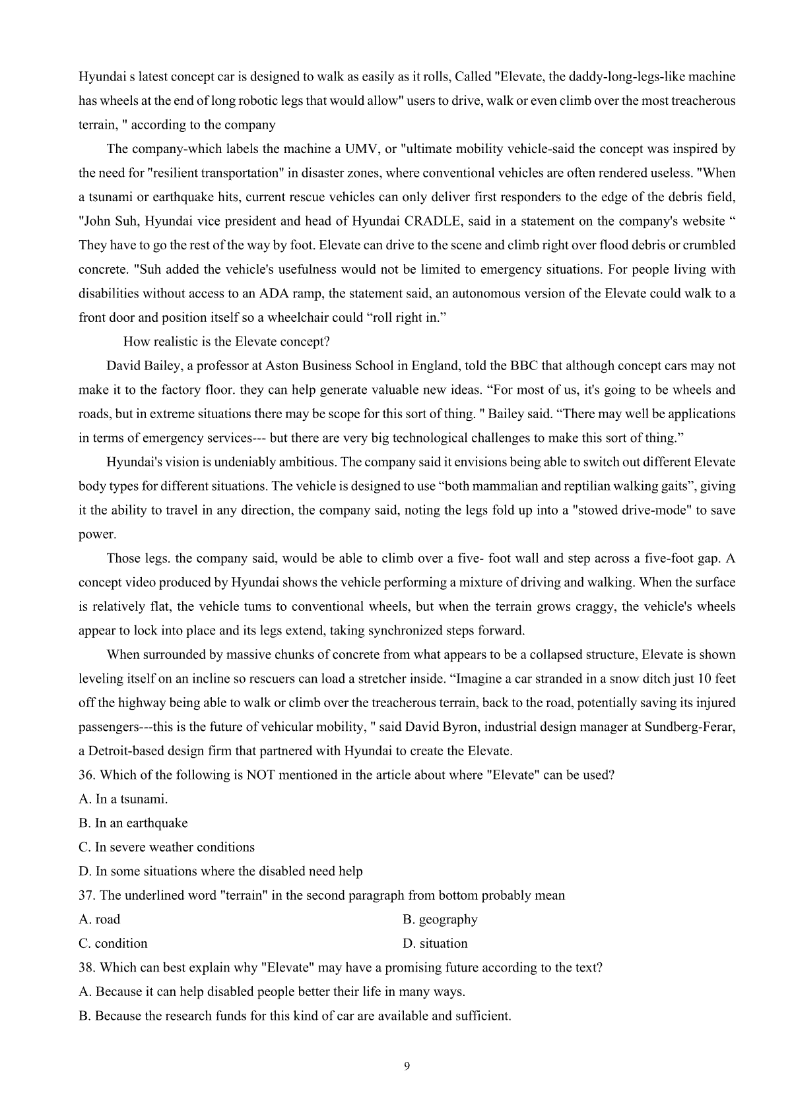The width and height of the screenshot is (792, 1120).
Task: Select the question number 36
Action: click(87, 775)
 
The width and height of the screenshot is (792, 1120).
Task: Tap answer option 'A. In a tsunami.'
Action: click(123, 799)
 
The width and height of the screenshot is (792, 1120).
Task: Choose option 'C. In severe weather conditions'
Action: click(166, 847)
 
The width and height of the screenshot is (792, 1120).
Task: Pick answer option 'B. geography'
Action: click(440, 919)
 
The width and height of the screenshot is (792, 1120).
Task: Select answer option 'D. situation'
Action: click(435, 943)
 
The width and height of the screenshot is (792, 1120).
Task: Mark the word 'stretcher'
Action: click(391, 679)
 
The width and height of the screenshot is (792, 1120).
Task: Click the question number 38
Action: click(87, 968)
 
